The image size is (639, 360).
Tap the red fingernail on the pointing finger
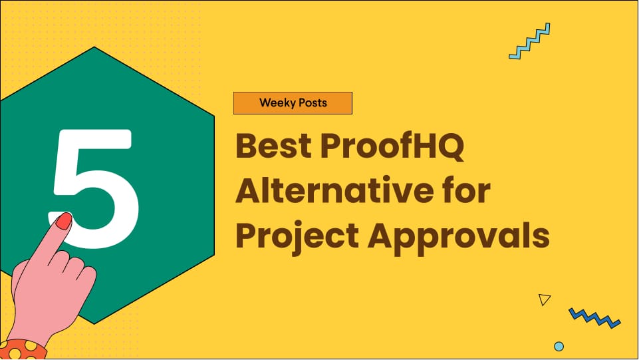point(63,222)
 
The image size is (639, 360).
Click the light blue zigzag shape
point(529,41)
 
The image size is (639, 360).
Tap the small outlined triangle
point(545,299)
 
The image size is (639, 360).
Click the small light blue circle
point(559,346)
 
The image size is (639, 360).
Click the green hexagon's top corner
point(94,48)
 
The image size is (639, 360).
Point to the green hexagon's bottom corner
point(95,323)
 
